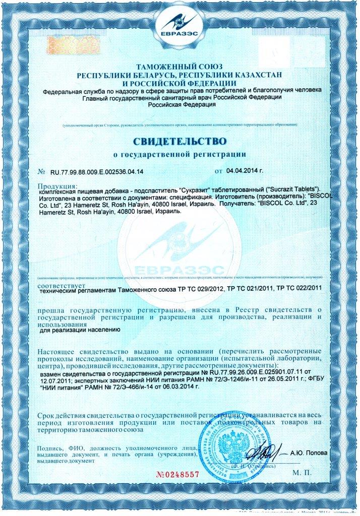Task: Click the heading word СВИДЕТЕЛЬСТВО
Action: pos(180,140)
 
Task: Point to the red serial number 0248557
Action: pos(178,475)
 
